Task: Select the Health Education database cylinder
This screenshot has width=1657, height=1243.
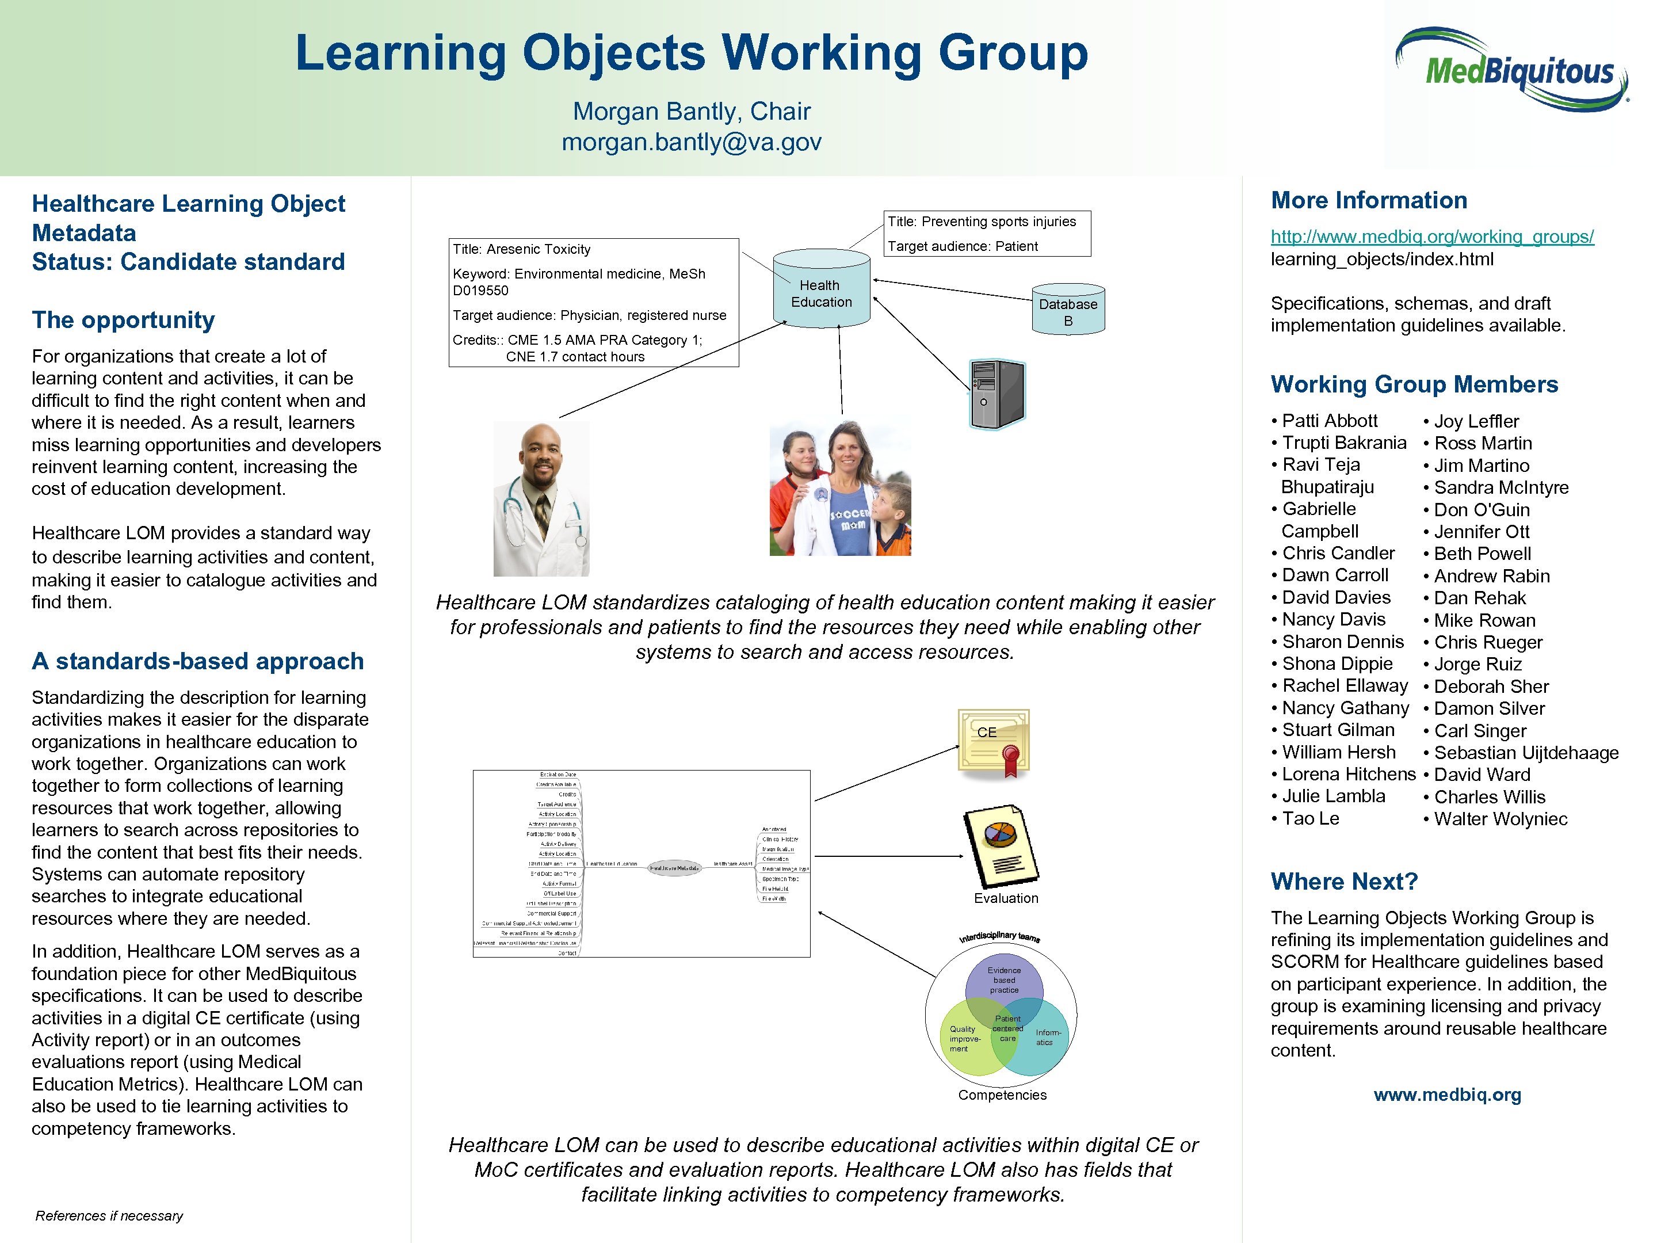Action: [x=821, y=290]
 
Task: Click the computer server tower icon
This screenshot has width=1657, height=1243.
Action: [x=997, y=394]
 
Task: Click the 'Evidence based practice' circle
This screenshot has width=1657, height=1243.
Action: [x=1004, y=978]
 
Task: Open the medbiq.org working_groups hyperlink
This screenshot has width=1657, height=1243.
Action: [x=1431, y=237]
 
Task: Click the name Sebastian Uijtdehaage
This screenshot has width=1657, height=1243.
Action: [x=1526, y=752]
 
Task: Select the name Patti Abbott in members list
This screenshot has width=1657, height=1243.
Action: [x=1329, y=421]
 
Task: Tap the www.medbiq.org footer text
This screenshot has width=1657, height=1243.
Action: [x=1446, y=1095]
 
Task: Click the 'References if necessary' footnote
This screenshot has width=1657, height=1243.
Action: [x=109, y=1215]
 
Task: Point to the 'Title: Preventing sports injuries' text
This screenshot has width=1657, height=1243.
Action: [x=982, y=222]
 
